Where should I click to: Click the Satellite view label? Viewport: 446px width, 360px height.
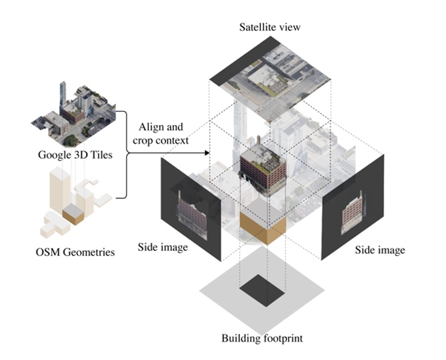[269, 27]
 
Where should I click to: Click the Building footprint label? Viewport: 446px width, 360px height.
[262, 339]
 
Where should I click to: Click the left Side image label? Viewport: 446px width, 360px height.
[162, 248]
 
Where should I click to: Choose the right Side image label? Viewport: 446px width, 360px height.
[380, 250]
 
